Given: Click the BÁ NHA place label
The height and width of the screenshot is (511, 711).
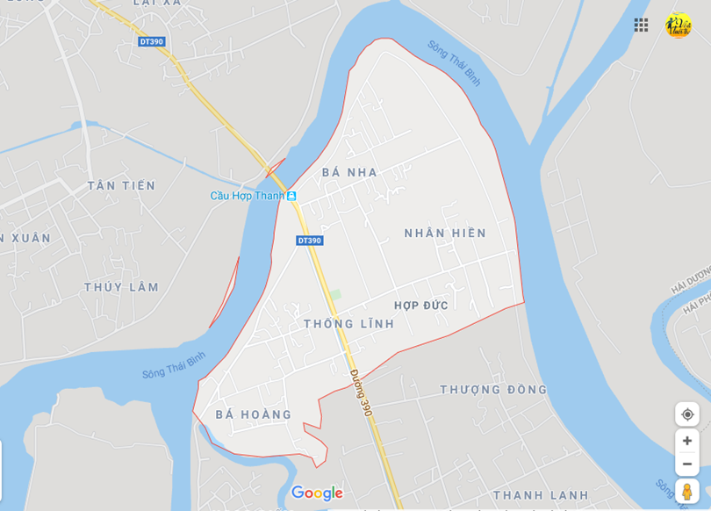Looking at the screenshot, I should pos(349,172).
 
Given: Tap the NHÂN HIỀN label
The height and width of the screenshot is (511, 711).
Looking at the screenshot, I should pos(445,233).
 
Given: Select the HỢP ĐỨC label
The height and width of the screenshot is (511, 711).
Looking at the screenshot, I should pos(421,306).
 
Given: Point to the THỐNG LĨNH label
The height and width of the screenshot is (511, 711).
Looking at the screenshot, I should pos(348,324).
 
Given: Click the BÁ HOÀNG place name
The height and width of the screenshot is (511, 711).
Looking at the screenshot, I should pos(254,414).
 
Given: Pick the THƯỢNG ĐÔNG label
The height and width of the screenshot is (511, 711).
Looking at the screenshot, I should pos(493,389).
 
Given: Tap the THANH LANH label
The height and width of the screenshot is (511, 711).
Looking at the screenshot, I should pos(541,495).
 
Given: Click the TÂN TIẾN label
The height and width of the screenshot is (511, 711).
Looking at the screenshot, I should pos(121,185).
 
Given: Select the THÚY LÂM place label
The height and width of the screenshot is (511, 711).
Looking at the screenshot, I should pos(122,287).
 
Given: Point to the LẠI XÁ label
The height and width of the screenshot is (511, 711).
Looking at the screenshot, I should pos(157,4).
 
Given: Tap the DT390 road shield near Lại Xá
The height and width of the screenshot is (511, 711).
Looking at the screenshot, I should pos(151,41).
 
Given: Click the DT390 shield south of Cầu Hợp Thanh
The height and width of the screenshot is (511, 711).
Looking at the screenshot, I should pos(309,241).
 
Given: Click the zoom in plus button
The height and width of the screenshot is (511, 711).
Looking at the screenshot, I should pos(687,441).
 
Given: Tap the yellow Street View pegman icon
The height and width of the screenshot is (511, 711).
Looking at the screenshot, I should pos(687,492).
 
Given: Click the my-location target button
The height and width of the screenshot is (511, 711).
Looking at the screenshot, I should pos(687,414).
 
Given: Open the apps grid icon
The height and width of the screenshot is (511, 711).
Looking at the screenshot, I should pos(642,25).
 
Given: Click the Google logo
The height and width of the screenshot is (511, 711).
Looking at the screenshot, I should pos(317,493).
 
